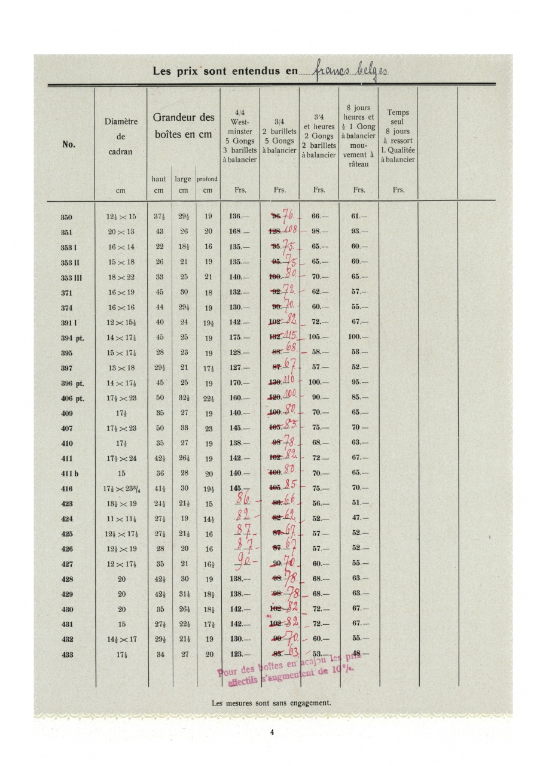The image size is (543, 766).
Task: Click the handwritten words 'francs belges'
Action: click(350, 71)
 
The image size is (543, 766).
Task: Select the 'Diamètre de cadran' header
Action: click(121, 136)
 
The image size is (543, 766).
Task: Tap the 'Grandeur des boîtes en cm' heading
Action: click(184, 126)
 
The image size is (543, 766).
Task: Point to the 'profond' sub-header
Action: click(207, 179)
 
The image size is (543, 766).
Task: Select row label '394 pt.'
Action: click(72, 338)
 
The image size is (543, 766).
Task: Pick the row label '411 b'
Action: click(70, 473)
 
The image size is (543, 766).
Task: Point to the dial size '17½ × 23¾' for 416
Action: click(121, 489)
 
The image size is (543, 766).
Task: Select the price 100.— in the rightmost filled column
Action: click(359, 338)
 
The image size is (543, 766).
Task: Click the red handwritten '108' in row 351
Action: click(289, 230)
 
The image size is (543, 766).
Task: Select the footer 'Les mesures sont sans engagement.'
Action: click(271, 704)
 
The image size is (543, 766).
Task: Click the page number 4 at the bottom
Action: click(271, 732)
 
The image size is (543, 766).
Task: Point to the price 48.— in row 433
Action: click(359, 654)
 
